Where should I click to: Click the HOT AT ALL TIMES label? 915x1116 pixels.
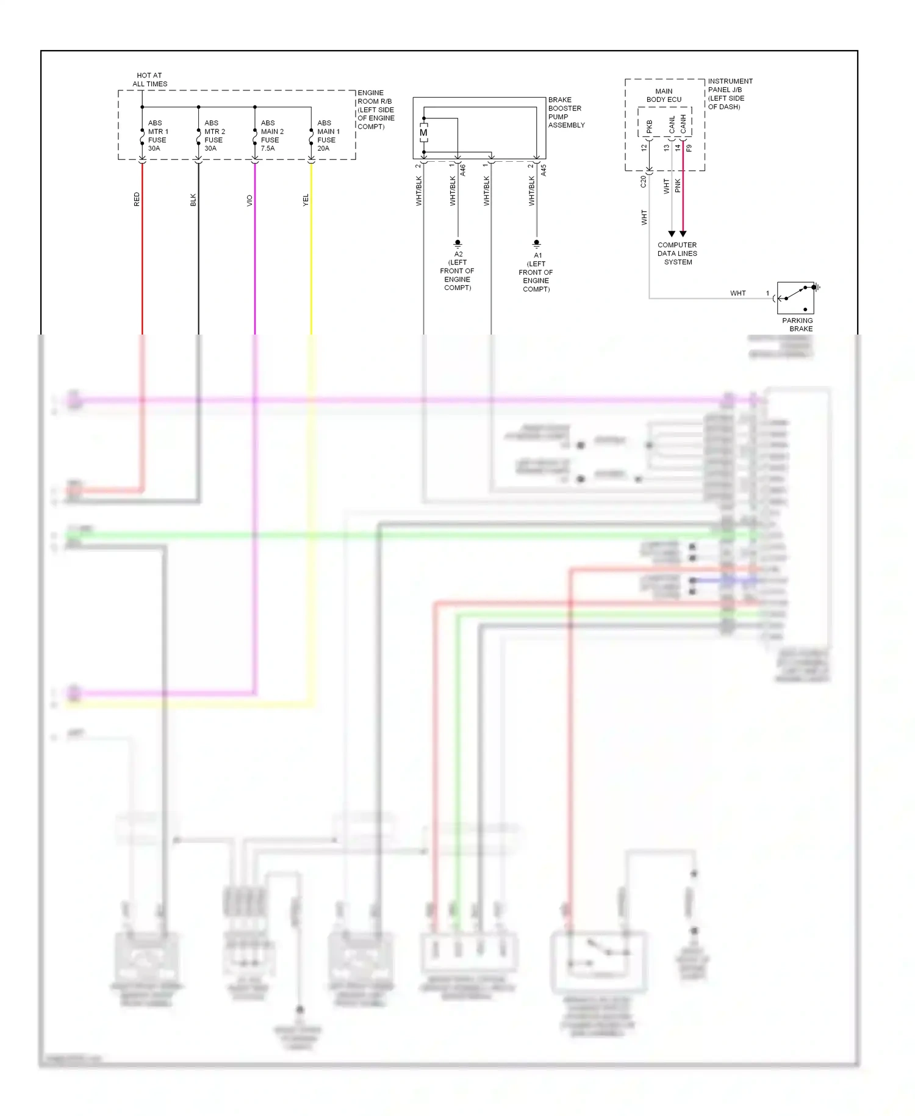click(x=149, y=79)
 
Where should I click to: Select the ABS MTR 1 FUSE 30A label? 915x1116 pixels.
click(x=157, y=136)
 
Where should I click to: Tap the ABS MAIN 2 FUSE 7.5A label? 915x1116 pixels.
click(x=271, y=136)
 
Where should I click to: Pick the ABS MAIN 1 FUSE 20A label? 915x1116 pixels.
click(x=328, y=136)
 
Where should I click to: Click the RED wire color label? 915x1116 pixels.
click(x=137, y=199)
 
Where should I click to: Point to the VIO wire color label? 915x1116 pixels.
click(x=249, y=200)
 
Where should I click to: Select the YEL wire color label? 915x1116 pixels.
click(x=306, y=200)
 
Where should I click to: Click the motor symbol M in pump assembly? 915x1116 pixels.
click(x=423, y=132)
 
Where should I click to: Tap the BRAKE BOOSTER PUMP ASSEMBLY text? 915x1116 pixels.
click(x=565, y=112)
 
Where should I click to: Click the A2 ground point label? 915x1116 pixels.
click(x=457, y=270)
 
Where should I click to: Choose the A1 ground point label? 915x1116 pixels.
click(x=536, y=272)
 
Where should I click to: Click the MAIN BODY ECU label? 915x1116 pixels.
click(x=664, y=95)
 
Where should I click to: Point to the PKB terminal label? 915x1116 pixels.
click(x=649, y=126)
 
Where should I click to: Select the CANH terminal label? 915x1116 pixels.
click(x=683, y=124)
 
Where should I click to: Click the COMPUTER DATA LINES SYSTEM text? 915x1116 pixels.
click(x=677, y=253)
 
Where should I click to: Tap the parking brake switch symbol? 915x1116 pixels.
click(x=795, y=297)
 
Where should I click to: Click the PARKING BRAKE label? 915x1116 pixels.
click(x=798, y=324)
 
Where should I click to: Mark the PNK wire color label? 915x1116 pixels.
click(x=678, y=186)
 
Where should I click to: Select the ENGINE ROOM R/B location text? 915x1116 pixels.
click(x=376, y=110)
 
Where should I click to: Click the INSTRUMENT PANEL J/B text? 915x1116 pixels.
click(x=730, y=93)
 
